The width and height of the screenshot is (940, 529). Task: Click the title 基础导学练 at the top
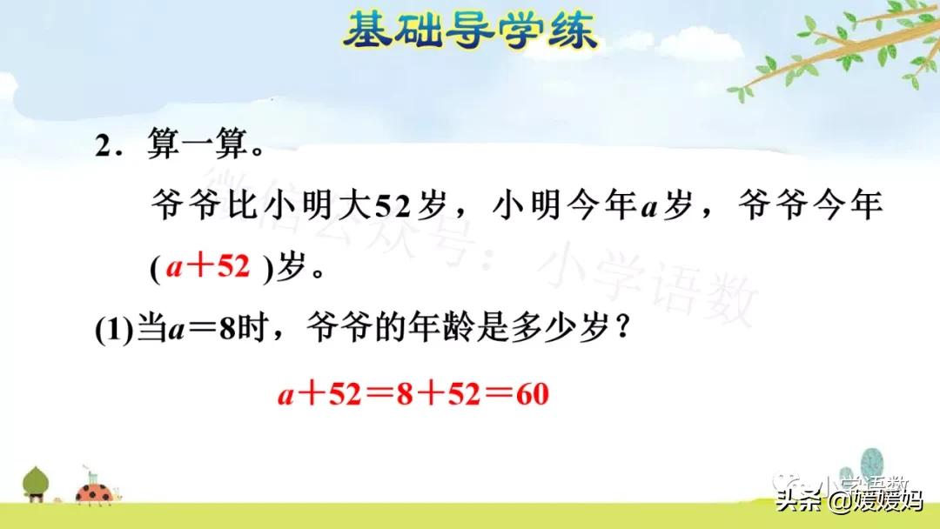coord(470,32)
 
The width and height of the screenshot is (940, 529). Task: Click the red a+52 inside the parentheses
coord(208,268)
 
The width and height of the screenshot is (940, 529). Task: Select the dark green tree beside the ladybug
coord(36,483)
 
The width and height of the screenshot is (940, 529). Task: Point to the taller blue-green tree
coord(871,465)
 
